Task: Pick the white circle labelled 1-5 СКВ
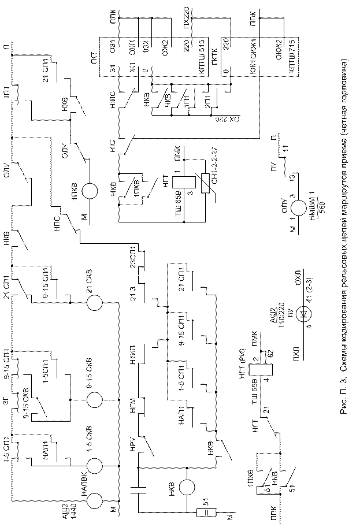tap(95, 465)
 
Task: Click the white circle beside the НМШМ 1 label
tap(299, 209)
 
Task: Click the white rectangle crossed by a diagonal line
tap(205, 183)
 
